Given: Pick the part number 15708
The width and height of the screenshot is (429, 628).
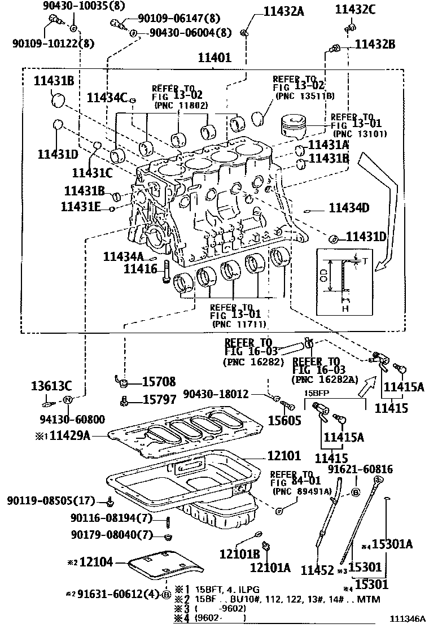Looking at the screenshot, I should tap(159, 381).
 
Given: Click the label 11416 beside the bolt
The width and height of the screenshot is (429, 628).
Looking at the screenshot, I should tap(141, 269).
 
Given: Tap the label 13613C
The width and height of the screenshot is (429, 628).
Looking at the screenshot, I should tap(51, 386).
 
